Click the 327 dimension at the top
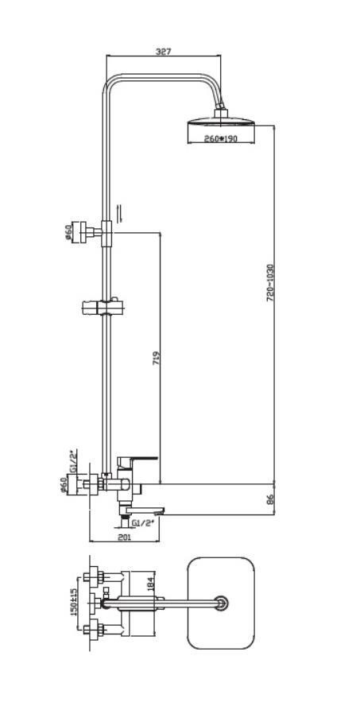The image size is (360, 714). (x=163, y=51)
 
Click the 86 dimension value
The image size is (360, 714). (x=269, y=499)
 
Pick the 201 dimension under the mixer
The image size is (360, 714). (x=124, y=537)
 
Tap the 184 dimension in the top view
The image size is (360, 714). (x=152, y=582)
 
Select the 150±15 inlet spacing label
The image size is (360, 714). (x=74, y=601)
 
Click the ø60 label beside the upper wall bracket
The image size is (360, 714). (x=68, y=232)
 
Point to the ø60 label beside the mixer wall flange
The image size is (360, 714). (x=64, y=485)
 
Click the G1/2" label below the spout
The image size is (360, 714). (x=143, y=523)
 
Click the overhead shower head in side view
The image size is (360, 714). (x=221, y=122)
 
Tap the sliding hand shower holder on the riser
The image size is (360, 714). (x=103, y=306)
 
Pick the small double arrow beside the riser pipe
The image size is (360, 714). (x=120, y=213)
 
